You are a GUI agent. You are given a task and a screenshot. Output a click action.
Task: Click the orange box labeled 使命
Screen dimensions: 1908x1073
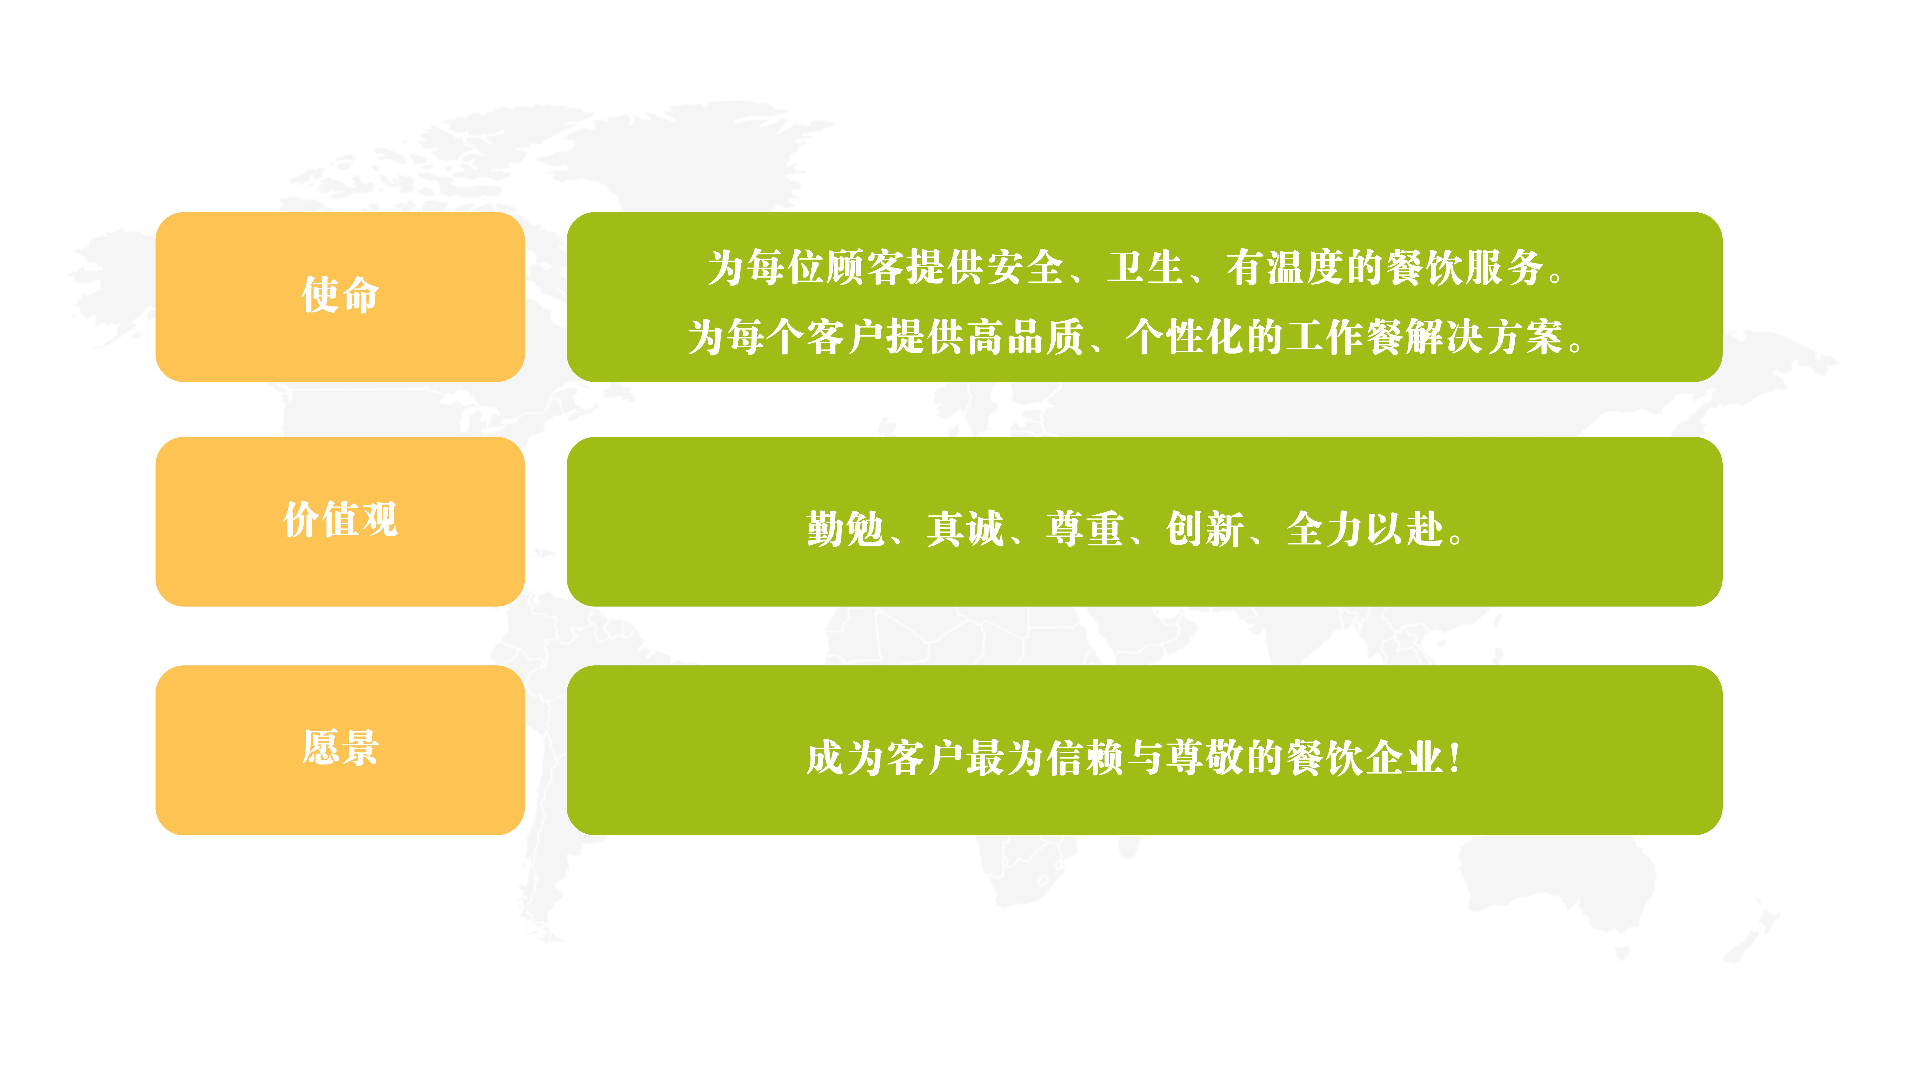(x=340, y=297)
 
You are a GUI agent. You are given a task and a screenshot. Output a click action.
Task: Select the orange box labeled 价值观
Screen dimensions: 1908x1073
(x=340, y=521)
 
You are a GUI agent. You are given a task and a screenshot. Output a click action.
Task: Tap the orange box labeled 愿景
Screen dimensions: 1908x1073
(x=340, y=750)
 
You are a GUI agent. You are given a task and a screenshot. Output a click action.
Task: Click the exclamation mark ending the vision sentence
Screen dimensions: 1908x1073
(x=1455, y=758)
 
